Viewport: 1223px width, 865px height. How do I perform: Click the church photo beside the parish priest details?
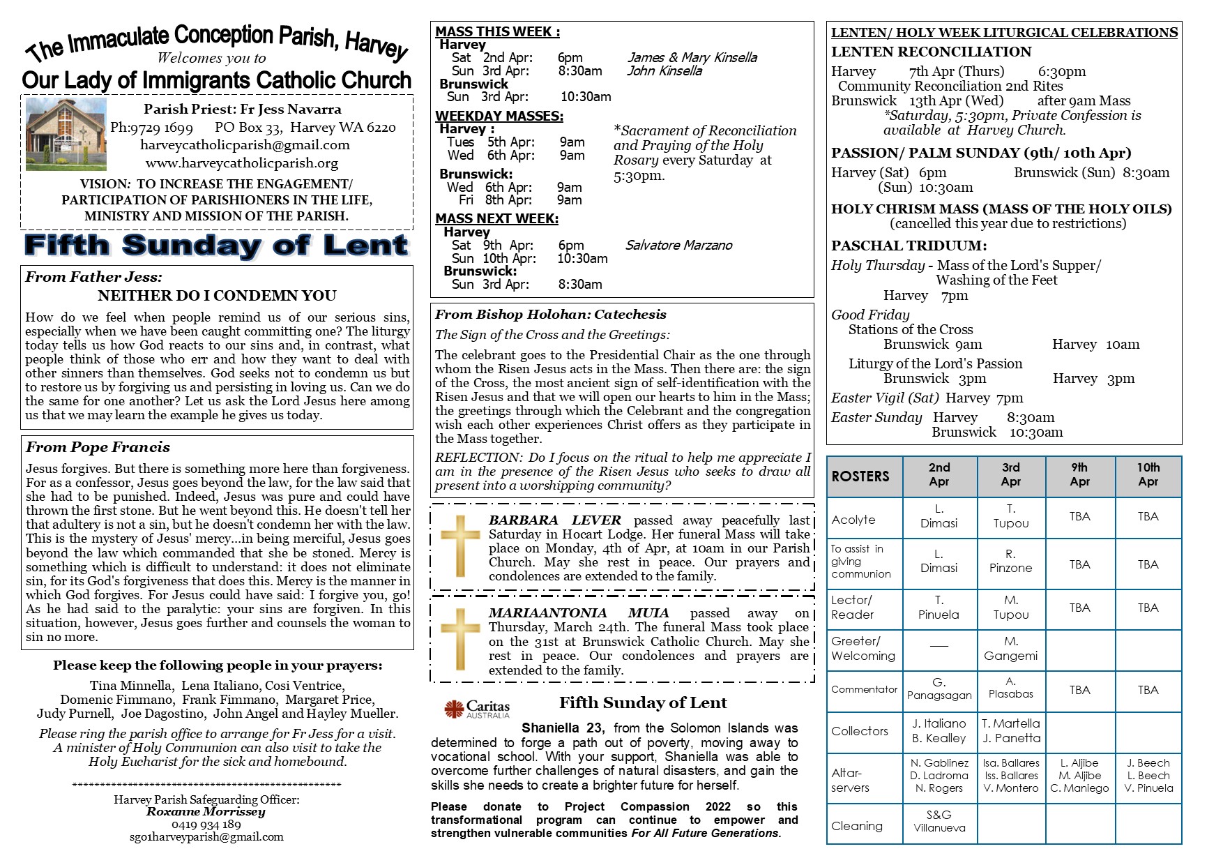tap(66, 134)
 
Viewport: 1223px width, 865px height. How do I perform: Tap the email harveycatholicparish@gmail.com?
tap(245, 145)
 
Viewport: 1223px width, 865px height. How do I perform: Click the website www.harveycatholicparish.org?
tap(241, 163)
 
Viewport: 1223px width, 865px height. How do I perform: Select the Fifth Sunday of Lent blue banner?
tap(216, 246)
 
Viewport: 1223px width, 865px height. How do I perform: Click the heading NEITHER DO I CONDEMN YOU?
tap(217, 296)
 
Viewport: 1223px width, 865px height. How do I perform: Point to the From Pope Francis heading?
tap(98, 447)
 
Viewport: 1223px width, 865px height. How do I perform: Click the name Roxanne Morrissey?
tap(206, 811)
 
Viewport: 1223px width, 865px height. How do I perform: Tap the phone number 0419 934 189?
tap(206, 825)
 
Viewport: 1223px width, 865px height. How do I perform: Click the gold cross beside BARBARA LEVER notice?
tap(459, 546)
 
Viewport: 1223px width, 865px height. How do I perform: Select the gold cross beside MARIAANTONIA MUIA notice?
tap(459, 639)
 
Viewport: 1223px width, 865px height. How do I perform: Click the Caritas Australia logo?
tap(476, 709)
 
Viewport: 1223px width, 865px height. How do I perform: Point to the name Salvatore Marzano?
tap(678, 245)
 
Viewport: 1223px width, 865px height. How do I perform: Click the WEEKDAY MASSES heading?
tap(499, 116)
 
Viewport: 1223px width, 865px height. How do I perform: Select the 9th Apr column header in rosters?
tap(1079, 474)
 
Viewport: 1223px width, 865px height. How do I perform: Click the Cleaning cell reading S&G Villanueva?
tap(939, 821)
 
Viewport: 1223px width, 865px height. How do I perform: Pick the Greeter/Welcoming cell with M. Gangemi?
tap(1010, 648)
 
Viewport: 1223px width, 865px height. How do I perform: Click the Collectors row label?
tap(860, 731)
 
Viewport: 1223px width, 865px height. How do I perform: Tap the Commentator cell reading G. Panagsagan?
tap(939, 689)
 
